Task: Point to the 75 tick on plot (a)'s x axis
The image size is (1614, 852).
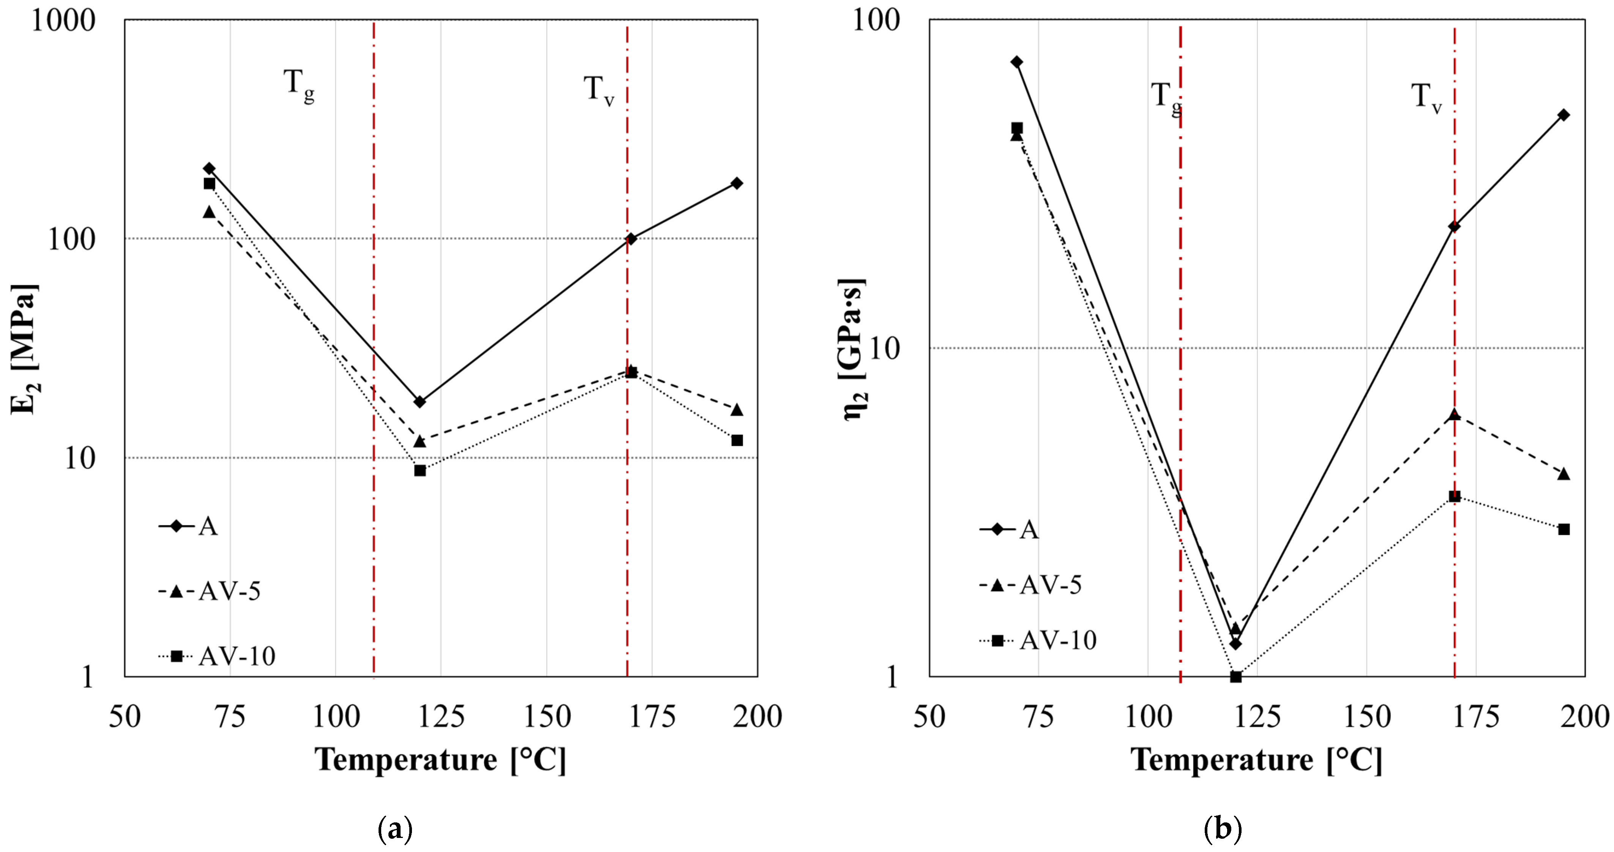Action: coord(230,716)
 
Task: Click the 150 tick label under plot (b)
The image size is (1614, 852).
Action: coord(1366,716)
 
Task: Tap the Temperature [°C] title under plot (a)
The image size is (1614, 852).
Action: coord(440,760)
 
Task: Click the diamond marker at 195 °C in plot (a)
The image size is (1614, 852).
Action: coord(737,183)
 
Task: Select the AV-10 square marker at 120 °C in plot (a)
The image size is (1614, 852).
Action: coord(420,470)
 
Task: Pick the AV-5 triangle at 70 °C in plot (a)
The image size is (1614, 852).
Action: coord(209,212)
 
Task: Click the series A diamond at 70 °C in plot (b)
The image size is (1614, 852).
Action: coord(1017,62)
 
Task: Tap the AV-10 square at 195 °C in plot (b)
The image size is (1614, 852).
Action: coord(1564,529)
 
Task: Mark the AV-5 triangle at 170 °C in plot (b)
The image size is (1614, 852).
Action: coord(1454,415)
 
